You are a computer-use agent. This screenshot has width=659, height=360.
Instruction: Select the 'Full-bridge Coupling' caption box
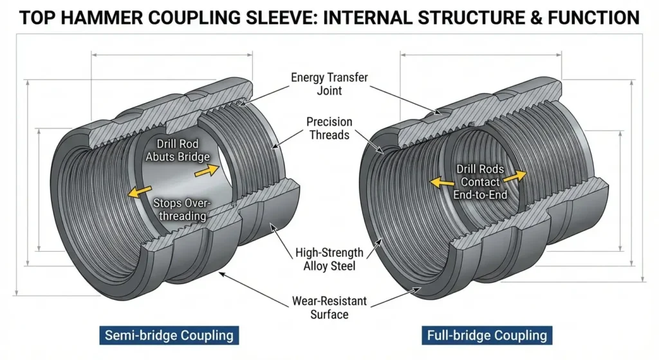[x=487, y=336]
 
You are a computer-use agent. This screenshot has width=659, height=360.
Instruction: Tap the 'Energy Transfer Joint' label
[x=329, y=84]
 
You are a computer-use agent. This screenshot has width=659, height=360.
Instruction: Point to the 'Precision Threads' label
[x=329, y=128]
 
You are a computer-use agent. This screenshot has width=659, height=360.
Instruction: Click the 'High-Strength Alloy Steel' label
[x=329, y=259]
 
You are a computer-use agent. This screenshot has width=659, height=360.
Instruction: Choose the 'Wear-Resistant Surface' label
[x=329, y=307]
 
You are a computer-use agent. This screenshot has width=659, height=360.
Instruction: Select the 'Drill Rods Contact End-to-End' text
[x=481, y=182]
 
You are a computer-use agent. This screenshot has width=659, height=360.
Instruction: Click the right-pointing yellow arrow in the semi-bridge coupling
[x=207, y=170]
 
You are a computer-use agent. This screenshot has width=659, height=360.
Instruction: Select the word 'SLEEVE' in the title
[x=279, y=17]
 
